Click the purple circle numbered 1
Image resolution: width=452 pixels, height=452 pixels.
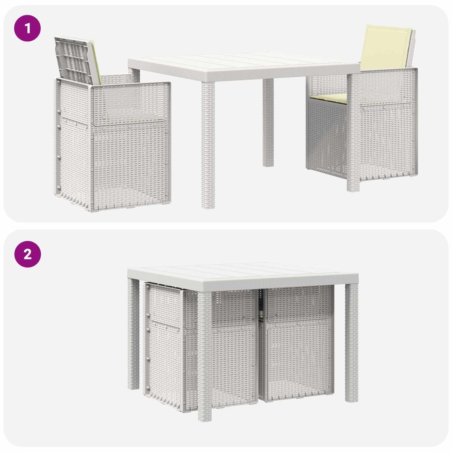point(27,28)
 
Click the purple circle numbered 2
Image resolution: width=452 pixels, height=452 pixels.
point(27,254)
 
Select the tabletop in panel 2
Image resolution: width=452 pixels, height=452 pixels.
point(243,276)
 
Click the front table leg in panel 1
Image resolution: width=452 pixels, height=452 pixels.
point(208,145)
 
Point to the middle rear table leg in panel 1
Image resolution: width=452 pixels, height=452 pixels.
point(268,122)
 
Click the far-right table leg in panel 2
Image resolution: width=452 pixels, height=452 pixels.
point(351,343)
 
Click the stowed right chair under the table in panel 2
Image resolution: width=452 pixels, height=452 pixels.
point(297,344)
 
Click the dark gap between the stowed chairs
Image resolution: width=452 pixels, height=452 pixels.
point(260,302)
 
